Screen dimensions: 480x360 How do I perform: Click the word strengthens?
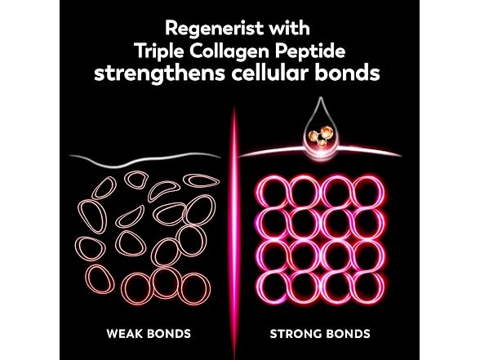159,73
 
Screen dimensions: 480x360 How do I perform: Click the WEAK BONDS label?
149,333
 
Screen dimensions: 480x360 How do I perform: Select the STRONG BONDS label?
320,333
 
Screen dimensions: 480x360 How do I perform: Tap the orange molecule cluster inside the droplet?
321,136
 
